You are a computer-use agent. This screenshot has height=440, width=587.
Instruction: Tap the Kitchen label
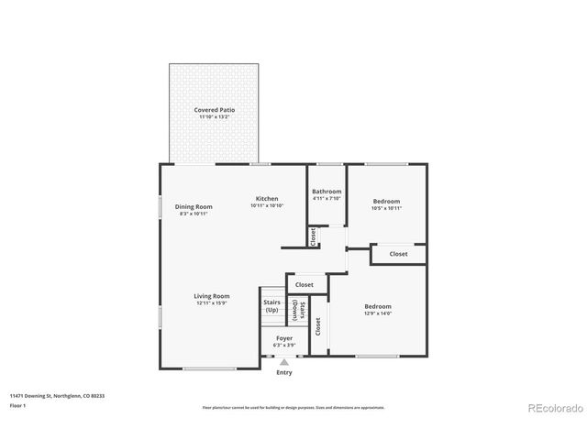click(267, 198)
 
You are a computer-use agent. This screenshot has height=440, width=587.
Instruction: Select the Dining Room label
click(194, 206)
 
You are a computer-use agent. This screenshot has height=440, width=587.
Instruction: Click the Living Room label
click(211, 296)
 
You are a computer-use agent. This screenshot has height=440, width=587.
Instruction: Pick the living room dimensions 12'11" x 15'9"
click(211, 303)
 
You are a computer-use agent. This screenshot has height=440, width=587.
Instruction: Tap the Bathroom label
click(327, 191)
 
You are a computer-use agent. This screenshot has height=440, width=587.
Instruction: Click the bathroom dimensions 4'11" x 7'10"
click(327, 198)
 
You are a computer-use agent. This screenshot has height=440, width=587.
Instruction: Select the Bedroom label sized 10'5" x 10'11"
click(386, 201)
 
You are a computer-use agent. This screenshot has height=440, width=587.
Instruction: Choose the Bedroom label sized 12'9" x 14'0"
click(378, 306)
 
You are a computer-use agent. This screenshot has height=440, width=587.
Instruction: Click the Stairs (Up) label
click(271, 305)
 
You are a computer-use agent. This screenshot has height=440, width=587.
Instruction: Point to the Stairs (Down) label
click(296, 310)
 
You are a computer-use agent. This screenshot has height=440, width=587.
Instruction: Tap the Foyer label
click(284, 338)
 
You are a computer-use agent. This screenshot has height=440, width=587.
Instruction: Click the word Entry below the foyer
click(284, 372)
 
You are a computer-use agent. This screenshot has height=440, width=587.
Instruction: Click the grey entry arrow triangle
click(284, 362)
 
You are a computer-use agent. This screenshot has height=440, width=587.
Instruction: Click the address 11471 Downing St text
click(57, 395)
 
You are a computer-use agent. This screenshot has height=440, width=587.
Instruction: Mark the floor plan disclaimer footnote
click(293, 407)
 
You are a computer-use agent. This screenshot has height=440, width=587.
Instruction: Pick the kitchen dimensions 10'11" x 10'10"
click(267, 205)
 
